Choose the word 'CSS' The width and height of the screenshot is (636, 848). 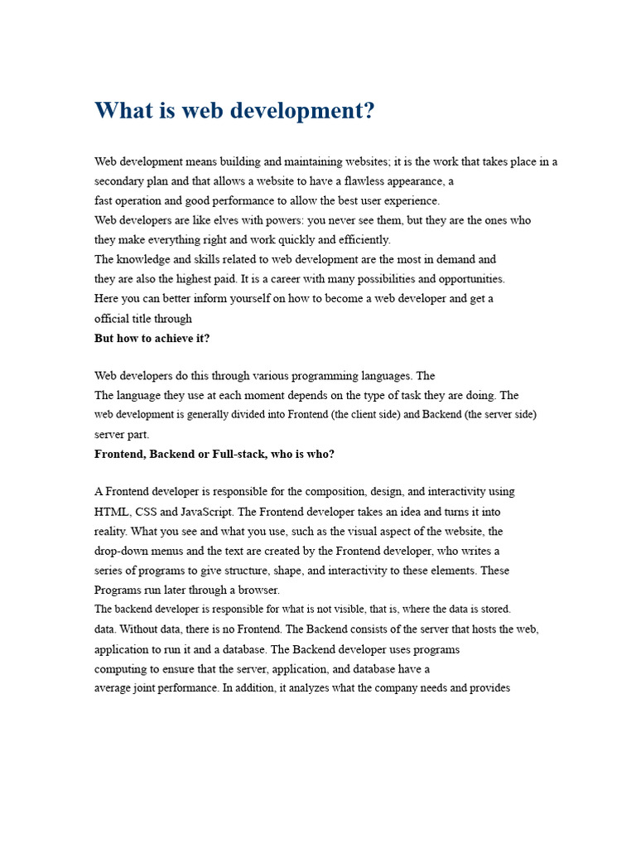[147, 512]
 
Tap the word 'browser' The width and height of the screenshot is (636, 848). [258, 590]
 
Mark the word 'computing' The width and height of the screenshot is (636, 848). [119, 668]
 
